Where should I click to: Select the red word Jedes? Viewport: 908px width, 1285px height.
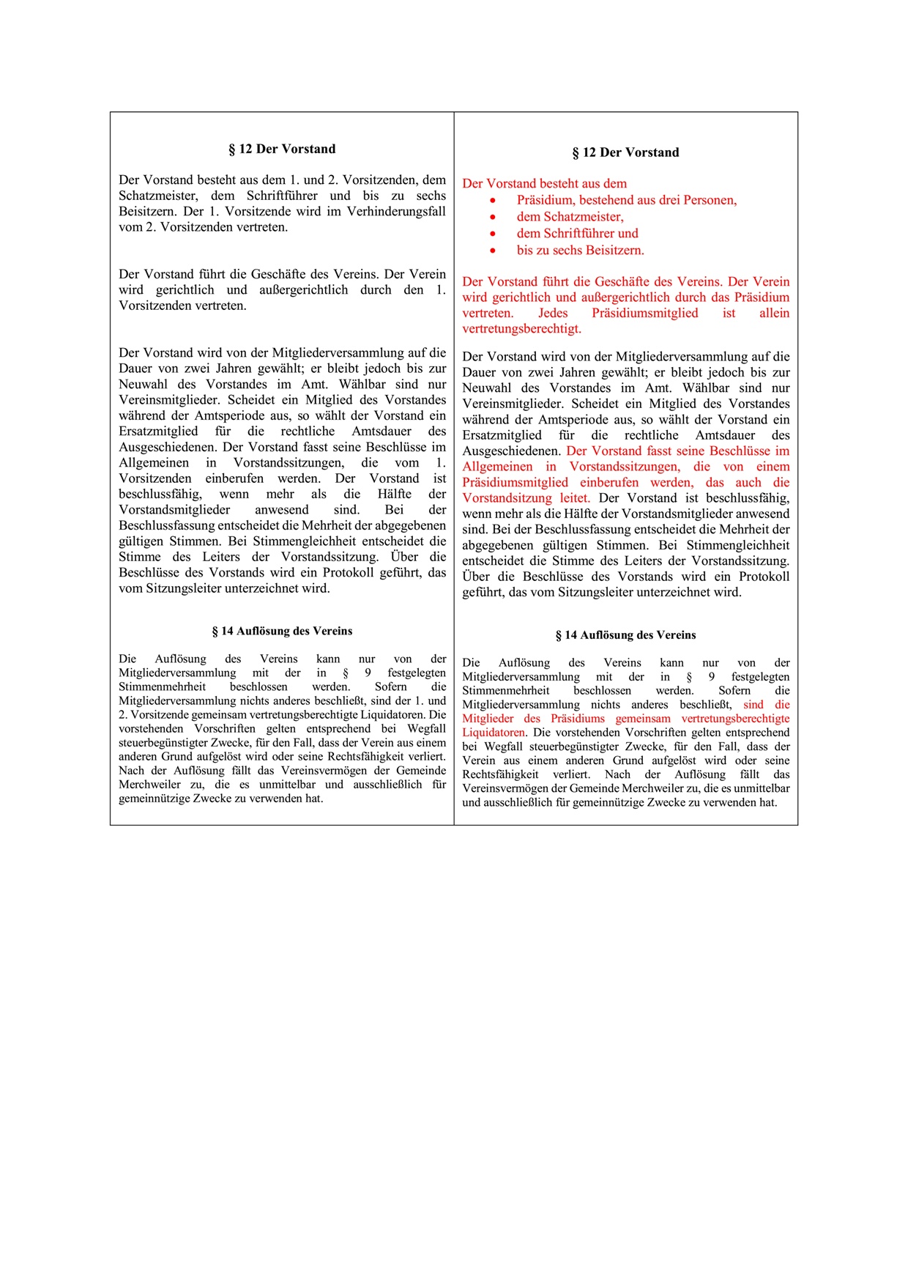coord(553,313)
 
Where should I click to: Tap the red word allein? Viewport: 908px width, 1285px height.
coord(774,313)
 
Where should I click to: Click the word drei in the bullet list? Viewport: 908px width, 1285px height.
coord(667,200)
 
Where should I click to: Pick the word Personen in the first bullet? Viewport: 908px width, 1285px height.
coord(712,200)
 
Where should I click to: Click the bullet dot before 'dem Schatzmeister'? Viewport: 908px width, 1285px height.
coord(494,217)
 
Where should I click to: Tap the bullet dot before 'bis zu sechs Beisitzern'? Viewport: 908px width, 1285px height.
coord(494,251)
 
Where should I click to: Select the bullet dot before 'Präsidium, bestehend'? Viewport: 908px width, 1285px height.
coord(494,200)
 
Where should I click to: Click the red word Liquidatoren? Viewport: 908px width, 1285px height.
coord(493,733)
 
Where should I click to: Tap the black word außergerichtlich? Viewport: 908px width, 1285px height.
coord(303,290)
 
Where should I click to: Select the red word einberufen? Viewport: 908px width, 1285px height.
coord(610,482)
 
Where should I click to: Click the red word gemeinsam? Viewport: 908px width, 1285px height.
coord(643,719)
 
